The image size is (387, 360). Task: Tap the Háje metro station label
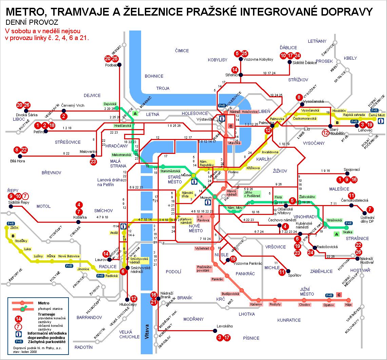click(348, 305)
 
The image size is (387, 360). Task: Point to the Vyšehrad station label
click(201, 248)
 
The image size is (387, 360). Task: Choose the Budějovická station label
click(231, 294)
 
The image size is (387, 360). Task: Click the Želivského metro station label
click(307, 197)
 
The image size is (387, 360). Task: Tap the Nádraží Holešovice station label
click(240, 111)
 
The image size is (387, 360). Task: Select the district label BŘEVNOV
click(51, 173)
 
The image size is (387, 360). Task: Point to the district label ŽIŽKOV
click(280, 171)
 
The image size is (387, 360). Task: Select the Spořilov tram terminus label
click(294, 276)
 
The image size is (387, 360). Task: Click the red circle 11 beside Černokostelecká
click(351, 195)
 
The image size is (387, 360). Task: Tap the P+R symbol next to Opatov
click(329, 295)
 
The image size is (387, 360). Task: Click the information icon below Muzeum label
click(207, 203)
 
